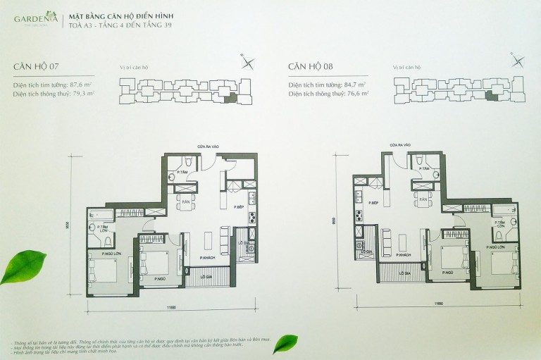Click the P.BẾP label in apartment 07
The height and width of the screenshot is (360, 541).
[x=240, y=207]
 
